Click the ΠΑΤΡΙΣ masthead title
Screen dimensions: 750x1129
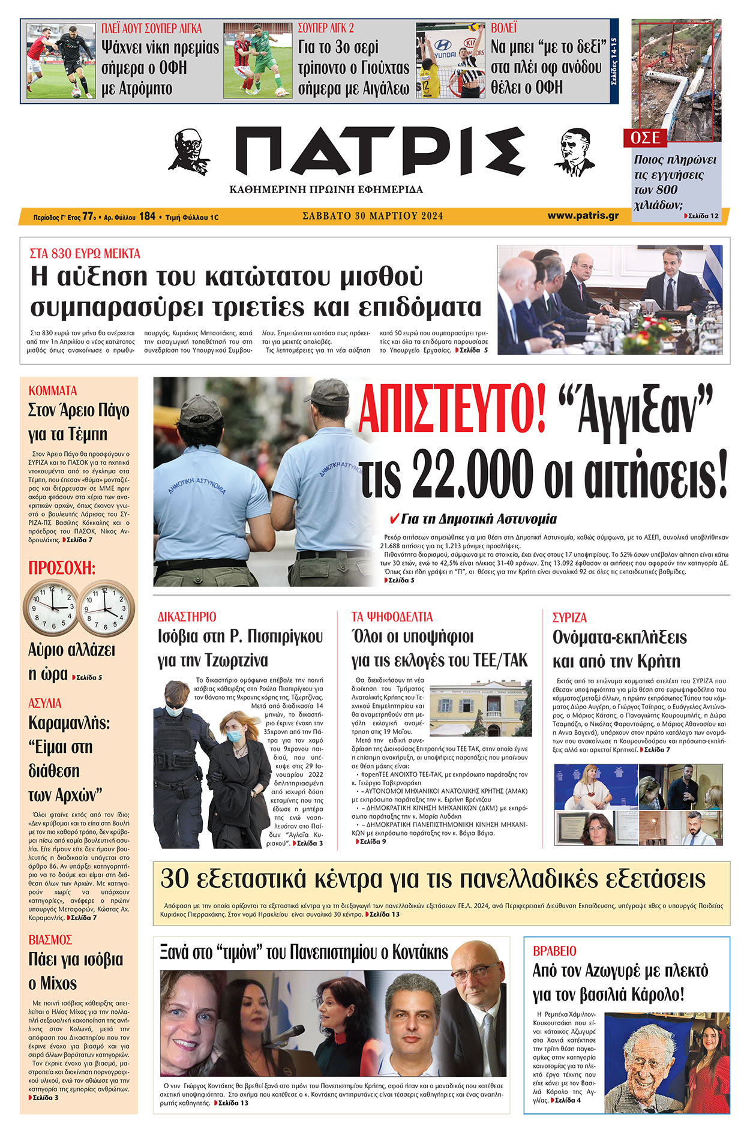click(x=380, y=151)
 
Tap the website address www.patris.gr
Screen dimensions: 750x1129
click(x=583, y=215)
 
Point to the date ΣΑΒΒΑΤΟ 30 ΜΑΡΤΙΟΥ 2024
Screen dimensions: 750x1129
click(x=373, y=216)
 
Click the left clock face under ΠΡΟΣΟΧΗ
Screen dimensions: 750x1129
click(x=50, y=608)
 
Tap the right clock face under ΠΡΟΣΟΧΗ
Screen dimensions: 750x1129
click(x=106, y=608)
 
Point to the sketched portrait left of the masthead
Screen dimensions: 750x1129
click(x=189, y=151)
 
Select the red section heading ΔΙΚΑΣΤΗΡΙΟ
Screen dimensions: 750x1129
click(x=187, y=617)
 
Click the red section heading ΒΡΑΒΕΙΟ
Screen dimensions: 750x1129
click(x=554, y=951)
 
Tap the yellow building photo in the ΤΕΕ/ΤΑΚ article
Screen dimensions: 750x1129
click(x=481, y=708)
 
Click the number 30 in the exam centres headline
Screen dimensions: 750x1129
click(x=175, y=879)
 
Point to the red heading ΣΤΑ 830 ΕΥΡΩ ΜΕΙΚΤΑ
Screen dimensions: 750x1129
click(x=85, y=254)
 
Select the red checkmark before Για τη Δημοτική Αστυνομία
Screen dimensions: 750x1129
click(x=394, y=518)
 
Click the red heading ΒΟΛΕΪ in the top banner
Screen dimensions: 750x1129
click(x=503, y=28)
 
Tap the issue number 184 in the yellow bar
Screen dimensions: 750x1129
click(x=147, y=216)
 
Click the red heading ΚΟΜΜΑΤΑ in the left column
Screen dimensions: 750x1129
click(x=53, y=391)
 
